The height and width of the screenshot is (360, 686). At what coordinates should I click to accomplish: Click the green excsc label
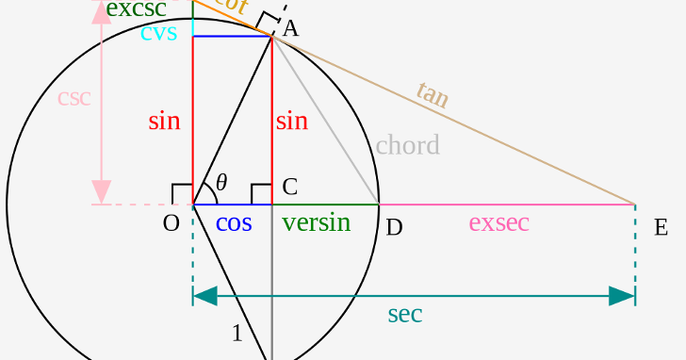click(136, 9)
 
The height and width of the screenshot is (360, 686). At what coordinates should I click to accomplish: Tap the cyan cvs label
click(158, 33)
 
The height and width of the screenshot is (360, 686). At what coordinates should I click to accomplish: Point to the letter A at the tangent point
click(290, 28)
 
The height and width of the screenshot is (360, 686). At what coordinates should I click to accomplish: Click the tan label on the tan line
click(433, 94)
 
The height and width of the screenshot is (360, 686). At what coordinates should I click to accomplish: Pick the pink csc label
click(73, 98)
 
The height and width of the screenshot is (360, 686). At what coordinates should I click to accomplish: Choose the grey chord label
click(407, 145)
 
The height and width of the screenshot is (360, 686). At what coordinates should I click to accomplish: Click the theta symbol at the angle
click(221, 182)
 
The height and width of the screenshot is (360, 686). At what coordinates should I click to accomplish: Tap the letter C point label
click(290, 187)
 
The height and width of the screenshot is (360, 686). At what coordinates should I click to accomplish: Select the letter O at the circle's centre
click(171, 223)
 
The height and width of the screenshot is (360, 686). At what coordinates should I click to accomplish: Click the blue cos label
click(234, 223)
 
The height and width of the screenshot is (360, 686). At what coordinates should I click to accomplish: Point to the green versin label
click(316, 223)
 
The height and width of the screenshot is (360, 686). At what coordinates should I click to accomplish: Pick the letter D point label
click(394, 227)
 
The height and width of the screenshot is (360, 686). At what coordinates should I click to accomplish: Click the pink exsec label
click(498, 223)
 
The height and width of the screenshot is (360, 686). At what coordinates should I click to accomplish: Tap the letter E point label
click(661, 227)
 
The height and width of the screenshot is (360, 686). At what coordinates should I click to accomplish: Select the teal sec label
click(404, 315)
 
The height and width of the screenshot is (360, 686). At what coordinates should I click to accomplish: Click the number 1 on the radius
click(237, 333)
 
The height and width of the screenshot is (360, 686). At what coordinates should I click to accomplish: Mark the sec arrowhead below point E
click(622, 296)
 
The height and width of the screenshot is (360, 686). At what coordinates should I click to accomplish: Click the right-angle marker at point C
click(261, 194)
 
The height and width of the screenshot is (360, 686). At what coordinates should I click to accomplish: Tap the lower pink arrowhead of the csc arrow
click(101, 191)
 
